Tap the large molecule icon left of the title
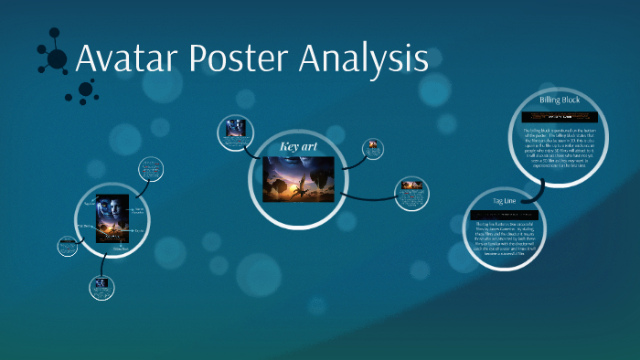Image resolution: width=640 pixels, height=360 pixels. point(55,57)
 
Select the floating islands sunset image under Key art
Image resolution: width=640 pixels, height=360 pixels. point(296,178)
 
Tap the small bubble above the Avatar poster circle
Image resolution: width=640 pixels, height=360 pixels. point(151,169)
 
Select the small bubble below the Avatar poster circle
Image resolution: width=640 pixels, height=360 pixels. point(101,286)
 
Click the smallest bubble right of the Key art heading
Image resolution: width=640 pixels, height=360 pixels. point(373,148)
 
